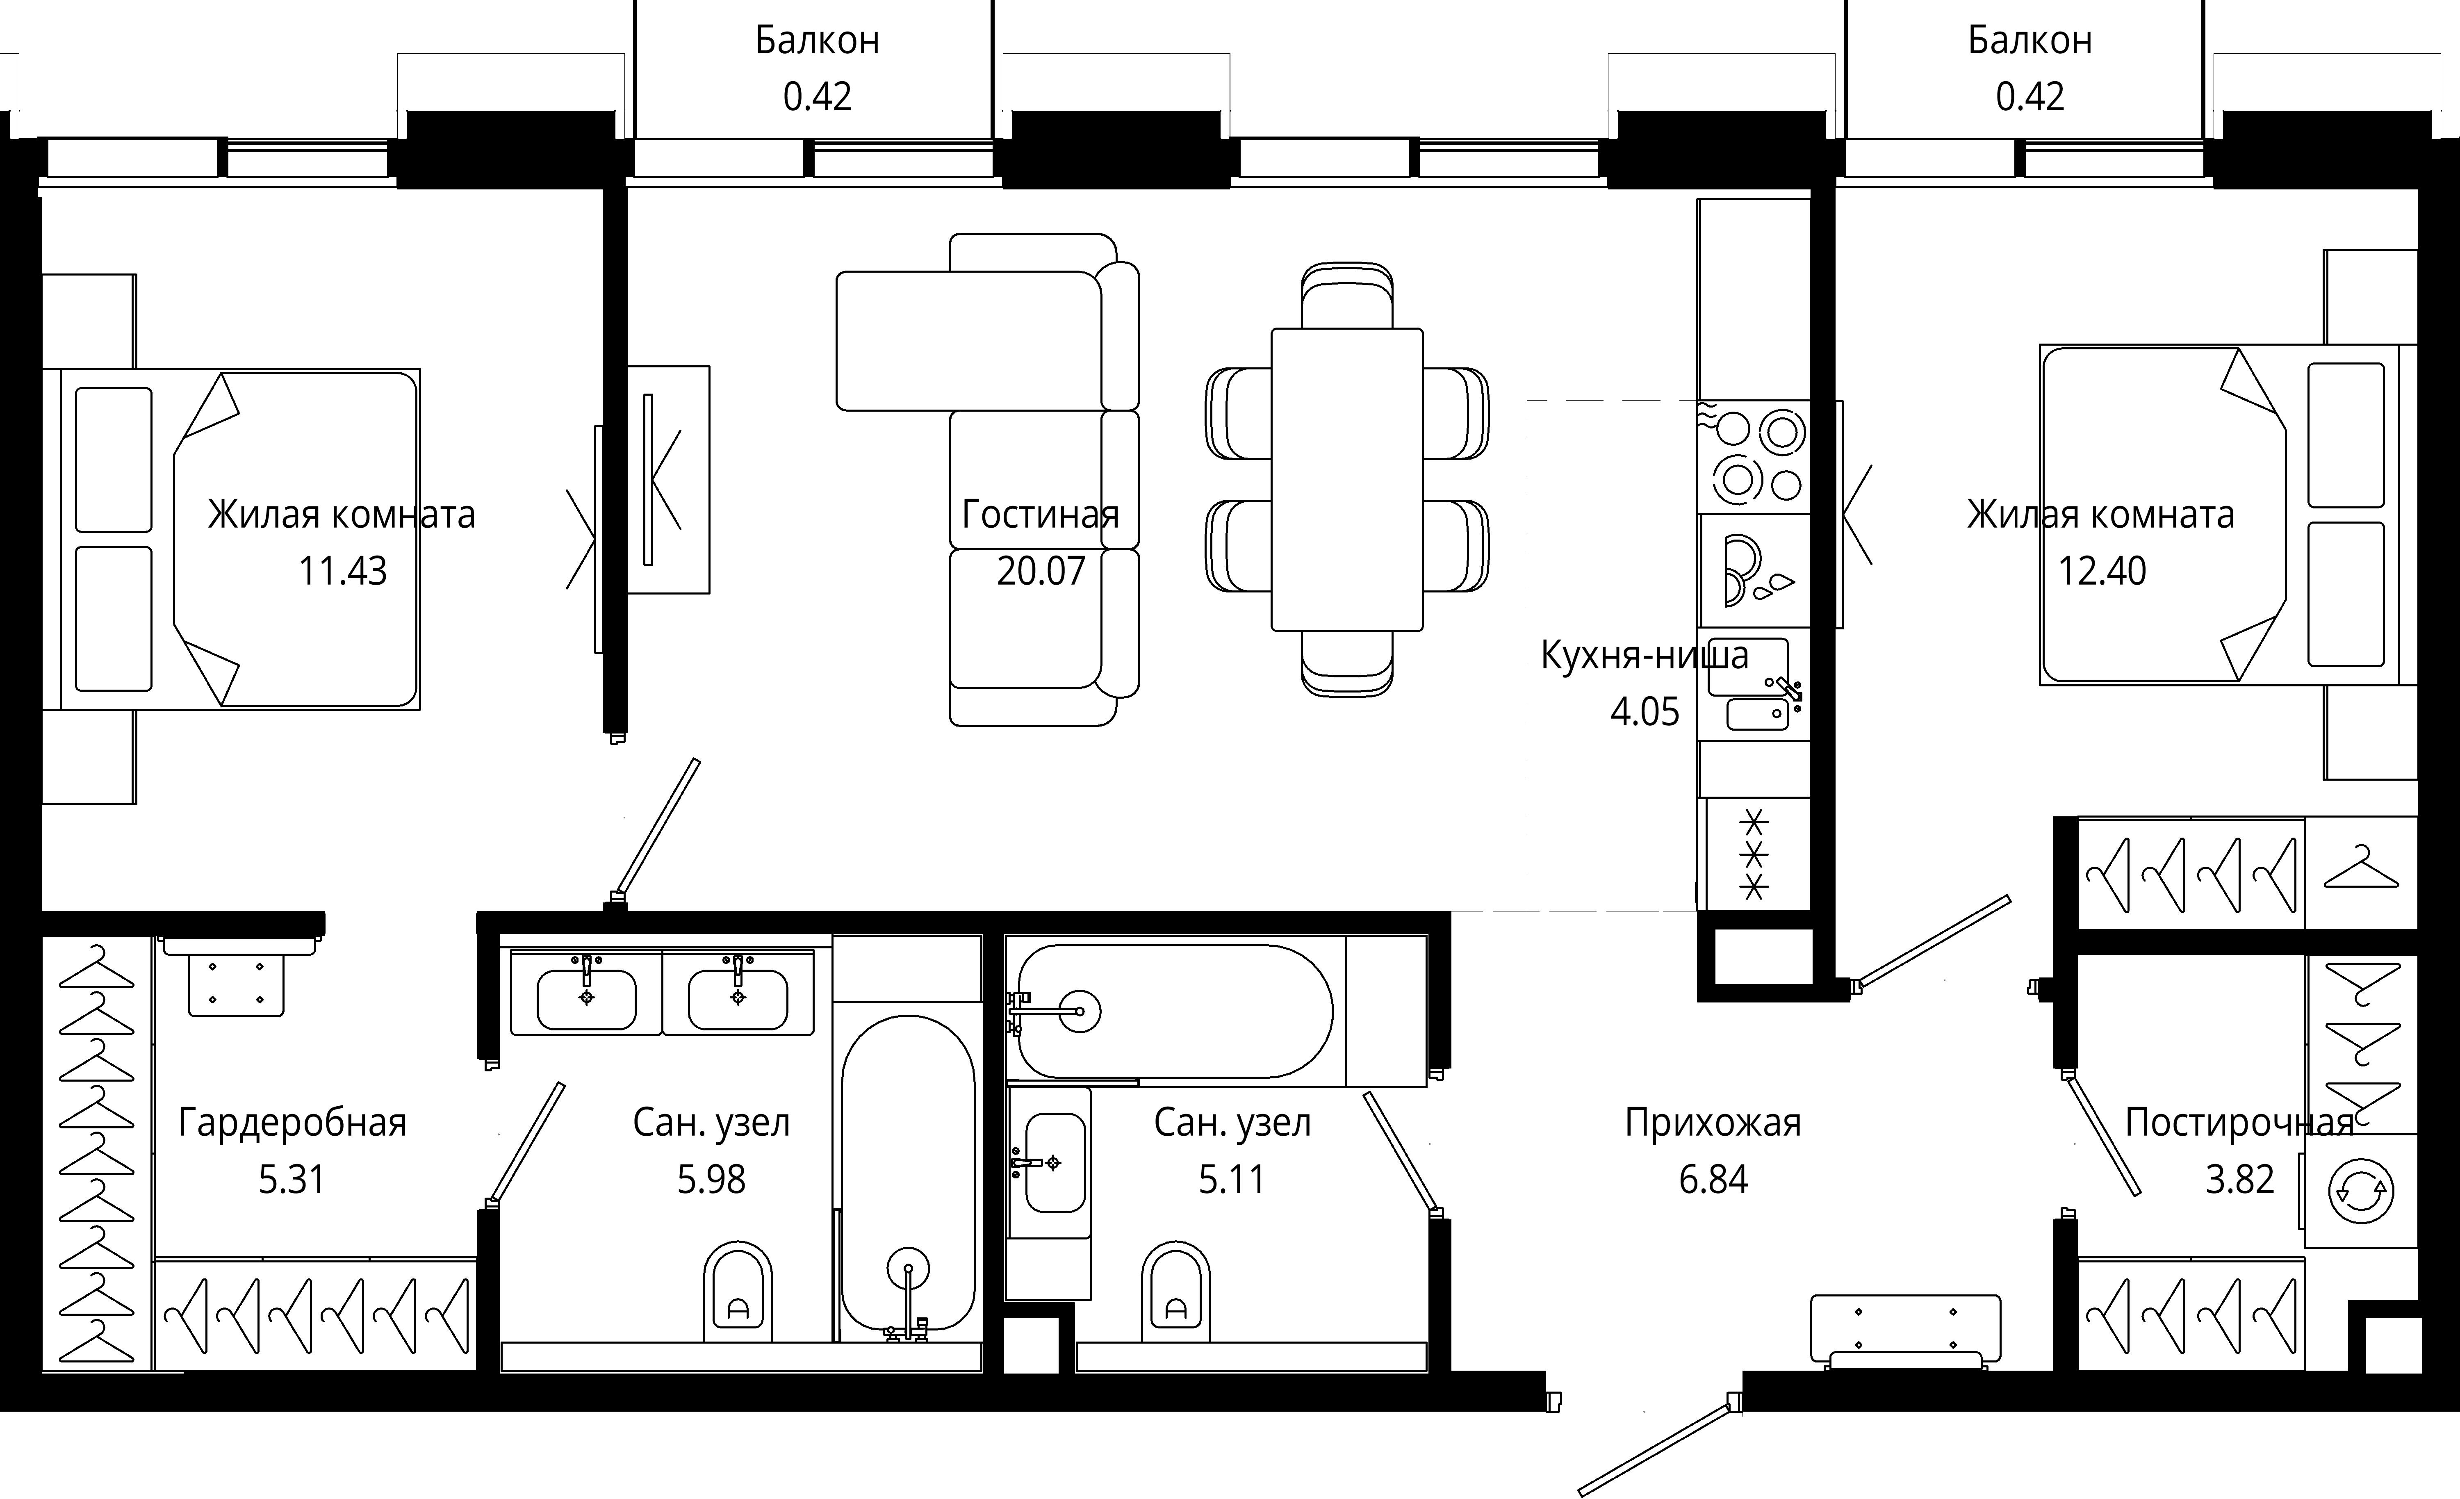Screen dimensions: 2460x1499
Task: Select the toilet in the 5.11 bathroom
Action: point(1176,1290)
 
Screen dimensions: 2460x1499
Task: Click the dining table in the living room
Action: point(1347,479)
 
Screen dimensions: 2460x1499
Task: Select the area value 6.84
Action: point(1713,1180)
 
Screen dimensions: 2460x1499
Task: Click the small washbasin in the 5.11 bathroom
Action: point(1049,1164)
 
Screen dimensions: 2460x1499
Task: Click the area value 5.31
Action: point(292,1180)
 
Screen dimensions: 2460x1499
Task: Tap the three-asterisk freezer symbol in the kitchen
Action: point(1754,855)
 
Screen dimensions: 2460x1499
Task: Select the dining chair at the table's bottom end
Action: point(1347,664)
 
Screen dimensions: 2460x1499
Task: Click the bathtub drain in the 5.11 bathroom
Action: point(1079,1011)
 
